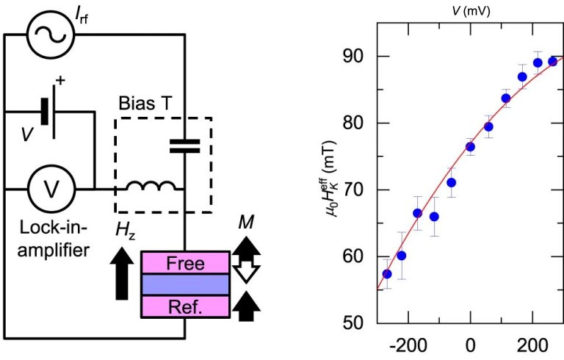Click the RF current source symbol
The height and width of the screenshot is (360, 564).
[48, 33]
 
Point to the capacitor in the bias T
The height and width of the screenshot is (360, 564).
[184, 146]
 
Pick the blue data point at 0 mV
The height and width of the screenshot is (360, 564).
[470, 147]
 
